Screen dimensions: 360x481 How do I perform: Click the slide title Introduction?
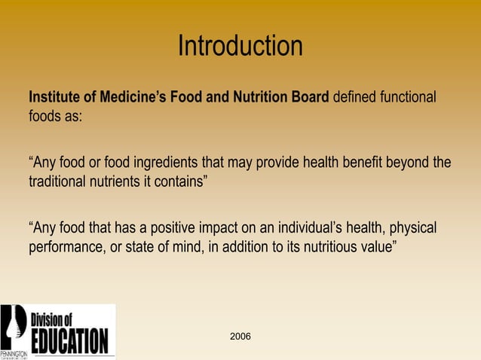(240, 47)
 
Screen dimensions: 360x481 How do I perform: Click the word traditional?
(58, 182)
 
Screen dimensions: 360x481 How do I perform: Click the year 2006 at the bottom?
(240, 334)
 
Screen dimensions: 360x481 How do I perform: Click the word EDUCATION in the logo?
(69, 340)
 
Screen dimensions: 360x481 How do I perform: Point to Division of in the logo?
(57, 319)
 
